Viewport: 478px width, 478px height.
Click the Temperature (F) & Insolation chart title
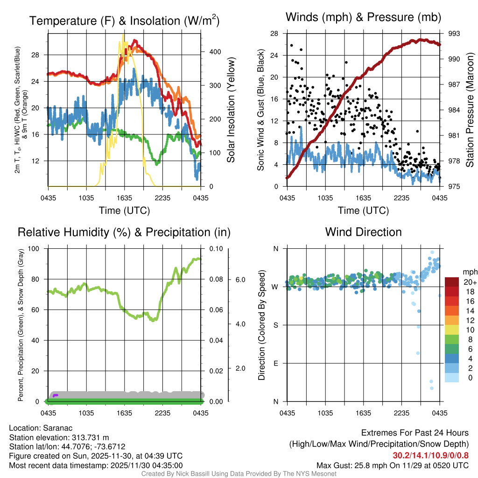tap(124, 21)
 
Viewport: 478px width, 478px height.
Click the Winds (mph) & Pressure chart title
tap(363, 18)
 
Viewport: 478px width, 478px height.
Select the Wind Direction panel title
tap(363, 232)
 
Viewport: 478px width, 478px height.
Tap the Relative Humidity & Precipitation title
tap(124, 232)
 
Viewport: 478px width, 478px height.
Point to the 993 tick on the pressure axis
tap(454, 34)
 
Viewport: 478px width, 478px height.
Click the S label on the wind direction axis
tap(275, 325)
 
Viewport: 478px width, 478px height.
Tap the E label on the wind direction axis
tap(275, 363)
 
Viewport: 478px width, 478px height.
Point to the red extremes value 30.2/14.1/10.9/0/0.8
tap(430, 456)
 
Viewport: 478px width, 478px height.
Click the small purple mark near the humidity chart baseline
tap(56, 395)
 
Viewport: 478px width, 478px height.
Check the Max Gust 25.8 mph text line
tap(393, 465)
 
